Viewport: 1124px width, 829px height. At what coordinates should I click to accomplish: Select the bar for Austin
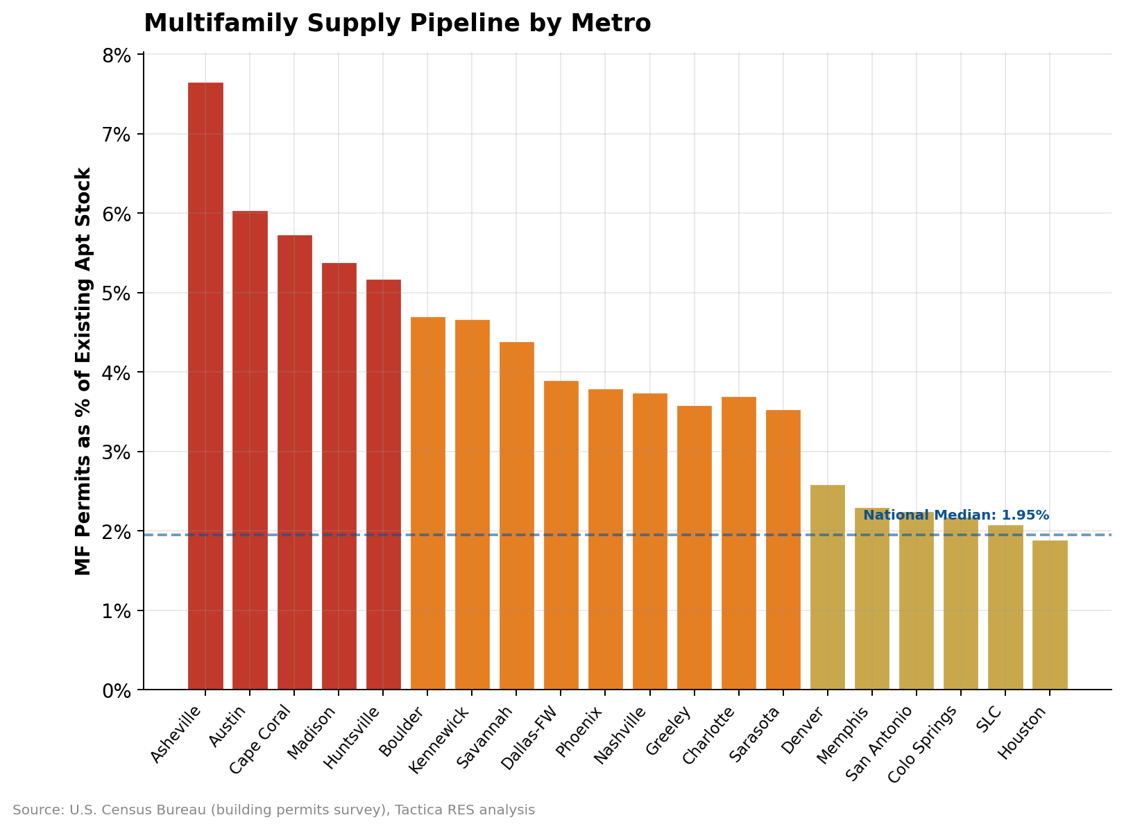tap(250, 450)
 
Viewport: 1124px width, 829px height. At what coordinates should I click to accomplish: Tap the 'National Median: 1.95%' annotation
tap(955, 515)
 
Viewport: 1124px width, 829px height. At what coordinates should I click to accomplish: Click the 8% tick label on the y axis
tap(117, 55)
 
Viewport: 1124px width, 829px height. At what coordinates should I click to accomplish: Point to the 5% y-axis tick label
tap(117, 293)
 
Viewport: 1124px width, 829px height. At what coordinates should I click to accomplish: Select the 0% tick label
tap(117, 691)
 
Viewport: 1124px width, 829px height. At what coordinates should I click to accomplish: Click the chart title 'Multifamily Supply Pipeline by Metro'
tap(397, 24)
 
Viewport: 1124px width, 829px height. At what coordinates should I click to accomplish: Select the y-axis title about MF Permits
tap(84, 371)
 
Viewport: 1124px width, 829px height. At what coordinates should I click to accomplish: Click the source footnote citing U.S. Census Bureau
tap(273, 810)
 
